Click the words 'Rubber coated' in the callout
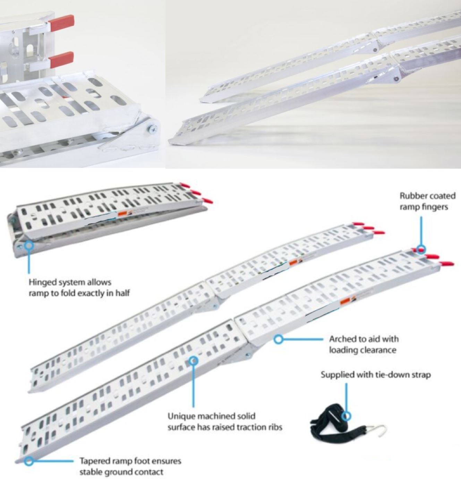(x=428, y=196)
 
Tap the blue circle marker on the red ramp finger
(x=421, y=249)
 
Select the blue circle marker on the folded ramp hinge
(x=29, y=245)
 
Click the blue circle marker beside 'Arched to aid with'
(x=278, y=339)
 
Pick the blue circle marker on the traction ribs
(x=194, y=361)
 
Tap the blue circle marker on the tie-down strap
(x=347, y=416)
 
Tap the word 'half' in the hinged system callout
(x=122, y=293)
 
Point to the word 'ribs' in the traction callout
(x=274, y=427)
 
